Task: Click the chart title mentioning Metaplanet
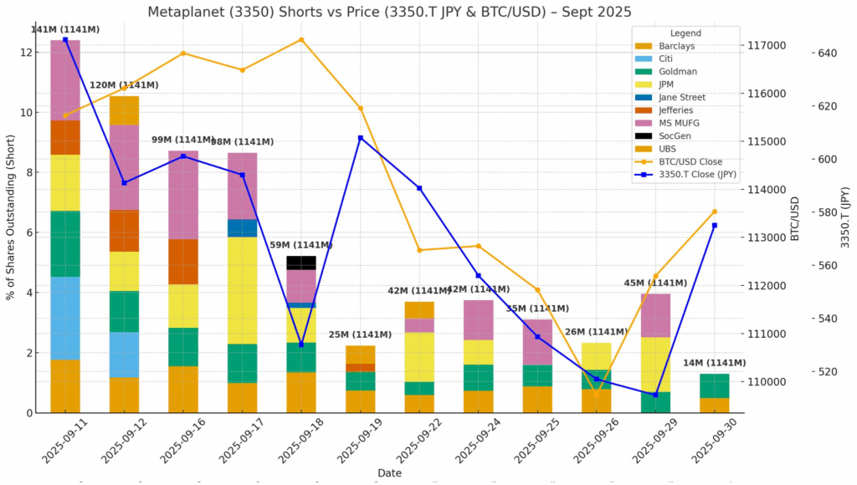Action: (x=389, y=12)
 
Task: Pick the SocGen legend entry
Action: (x=675, y=135)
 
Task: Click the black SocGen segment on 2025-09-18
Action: (x=301, y=263)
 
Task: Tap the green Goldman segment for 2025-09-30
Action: (x=715, y=385)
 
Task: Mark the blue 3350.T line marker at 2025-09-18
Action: (x=301, y=345)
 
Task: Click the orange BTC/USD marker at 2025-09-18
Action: (x=301, y=39)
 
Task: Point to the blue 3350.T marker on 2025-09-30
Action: (x=715, y=226)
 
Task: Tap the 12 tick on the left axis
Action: (x=27, y=53)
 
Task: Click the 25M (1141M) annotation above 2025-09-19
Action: (x=361, y=335)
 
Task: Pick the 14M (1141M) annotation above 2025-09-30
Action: (x=714, y=363)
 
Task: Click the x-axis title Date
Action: (x=389, y=473)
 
